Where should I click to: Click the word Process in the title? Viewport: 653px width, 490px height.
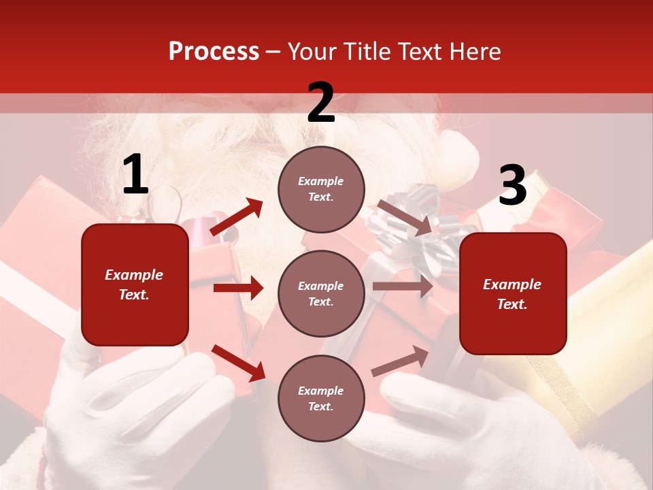click(214, 52)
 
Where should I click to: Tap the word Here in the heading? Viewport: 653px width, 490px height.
click(470, 52)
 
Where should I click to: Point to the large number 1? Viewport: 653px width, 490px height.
click(135, 176)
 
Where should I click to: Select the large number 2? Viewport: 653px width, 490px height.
click(321, 103)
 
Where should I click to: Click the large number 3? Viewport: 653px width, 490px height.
click(512, 186)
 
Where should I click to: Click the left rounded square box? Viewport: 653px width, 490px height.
click(135, 284)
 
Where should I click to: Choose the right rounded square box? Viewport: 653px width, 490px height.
click(513, 294)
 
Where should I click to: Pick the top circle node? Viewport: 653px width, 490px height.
click(321, 189)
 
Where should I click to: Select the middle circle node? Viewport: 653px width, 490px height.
click(321, 293)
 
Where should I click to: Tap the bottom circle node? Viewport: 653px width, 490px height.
click(321, 398)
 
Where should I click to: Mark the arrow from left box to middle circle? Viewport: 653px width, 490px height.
click(238, 288)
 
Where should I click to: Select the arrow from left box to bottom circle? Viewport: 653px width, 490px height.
click(238, 363)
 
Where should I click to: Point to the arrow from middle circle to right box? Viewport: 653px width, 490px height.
click(403, 287)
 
